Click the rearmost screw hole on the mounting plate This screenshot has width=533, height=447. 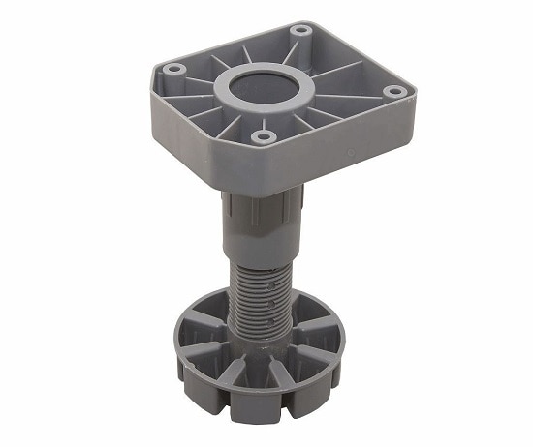[301, 30]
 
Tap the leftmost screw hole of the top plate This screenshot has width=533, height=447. [173, 70]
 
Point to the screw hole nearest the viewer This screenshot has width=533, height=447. [260, 137]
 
